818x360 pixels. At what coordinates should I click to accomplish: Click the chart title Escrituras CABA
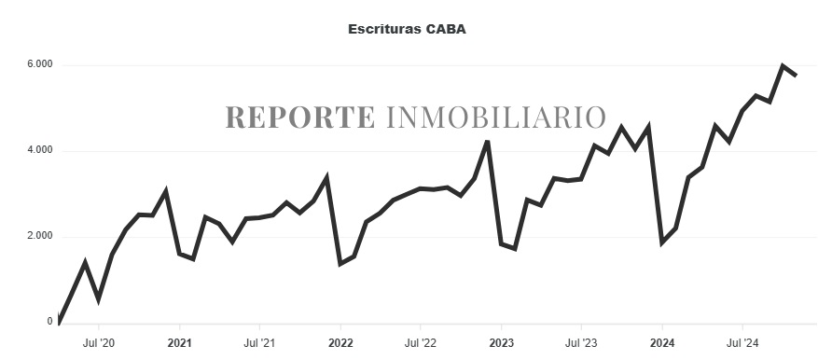pyautogui.click(x=407, y=29)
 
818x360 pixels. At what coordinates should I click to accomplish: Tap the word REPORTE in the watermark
pyautogui.click(x=299, y=118)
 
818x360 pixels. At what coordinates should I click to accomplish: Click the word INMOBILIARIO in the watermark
pyautogui.click(x=495, y=118)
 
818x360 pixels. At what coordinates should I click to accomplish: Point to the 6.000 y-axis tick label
pyautogui.click(x=38, y=65)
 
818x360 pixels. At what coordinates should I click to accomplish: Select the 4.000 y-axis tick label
pyautogui.click(x=38, y=150)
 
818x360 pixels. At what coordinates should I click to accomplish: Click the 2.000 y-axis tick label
pyautogui.click(x=38, y=236)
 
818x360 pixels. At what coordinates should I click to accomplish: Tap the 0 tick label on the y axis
pyautogui.click(x=49, y=322)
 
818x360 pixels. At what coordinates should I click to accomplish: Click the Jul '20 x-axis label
pyautogui.click(x=99, y=342)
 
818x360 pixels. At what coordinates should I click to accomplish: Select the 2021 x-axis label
pyautogui.click(x=179, y=342)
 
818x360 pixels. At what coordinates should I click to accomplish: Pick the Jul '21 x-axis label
pyautogui.click(x=259, y=342)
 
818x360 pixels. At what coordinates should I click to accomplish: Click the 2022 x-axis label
pyautogui.click(x=340, y=342)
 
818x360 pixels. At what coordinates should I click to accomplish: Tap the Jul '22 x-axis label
pyautogui.click(x=421, y=342)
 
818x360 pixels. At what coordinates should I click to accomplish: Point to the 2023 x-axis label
pyautogui.click(x=501, y=342)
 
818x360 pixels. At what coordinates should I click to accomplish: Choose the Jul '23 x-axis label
pyautogui.click(x=581, y=342)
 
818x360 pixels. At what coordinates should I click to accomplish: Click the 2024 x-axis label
pyautogui.click(x=662, y=342)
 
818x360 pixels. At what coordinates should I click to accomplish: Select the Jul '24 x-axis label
pyautogui.click(x=742, y=342)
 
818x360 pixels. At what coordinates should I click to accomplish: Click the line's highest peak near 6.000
pyautogui.click(x=783, y=65)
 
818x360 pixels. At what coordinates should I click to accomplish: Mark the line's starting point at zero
pyautogui.click(x=59, y=323)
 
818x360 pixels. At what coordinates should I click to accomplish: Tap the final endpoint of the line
pyautogui.click(x=796, y=76)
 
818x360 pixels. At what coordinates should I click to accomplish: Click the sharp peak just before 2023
pyautogui.click(x=488, y=142)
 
